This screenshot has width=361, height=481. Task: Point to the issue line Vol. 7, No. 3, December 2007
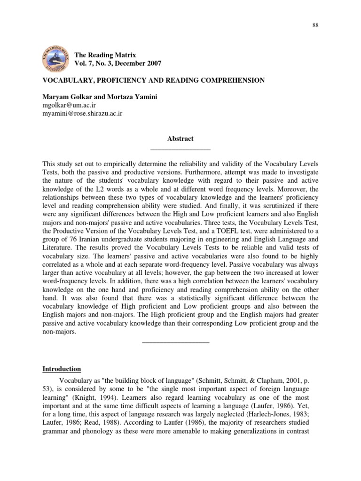pos(118,63)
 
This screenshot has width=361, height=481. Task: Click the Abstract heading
pos(180,139)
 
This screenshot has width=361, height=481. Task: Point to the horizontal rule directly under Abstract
pos(180,149)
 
